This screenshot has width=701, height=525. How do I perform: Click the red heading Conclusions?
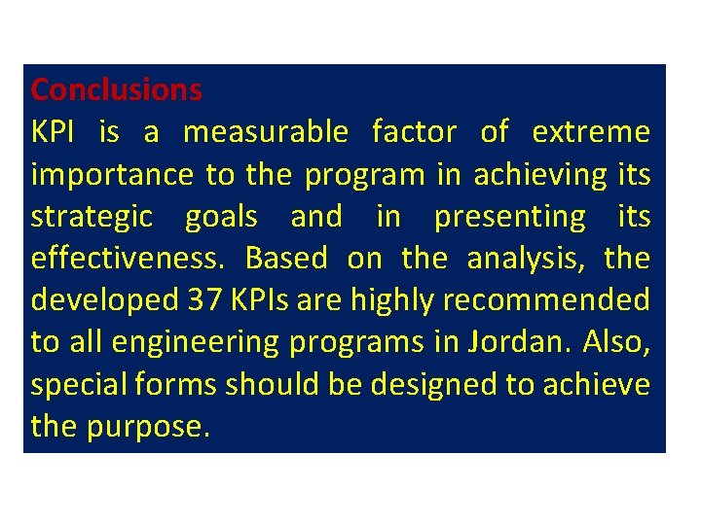click(116, 89)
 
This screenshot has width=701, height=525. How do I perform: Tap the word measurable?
click(265, 132)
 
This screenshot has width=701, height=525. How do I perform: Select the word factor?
click(413, 132)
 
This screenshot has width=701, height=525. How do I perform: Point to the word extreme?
click(590, 132)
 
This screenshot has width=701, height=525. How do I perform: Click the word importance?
click(112, 175)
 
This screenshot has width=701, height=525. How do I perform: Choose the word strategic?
click(92, 217)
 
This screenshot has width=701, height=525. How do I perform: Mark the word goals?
click(222, 217)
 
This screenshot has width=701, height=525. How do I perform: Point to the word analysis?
click(526, 260)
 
